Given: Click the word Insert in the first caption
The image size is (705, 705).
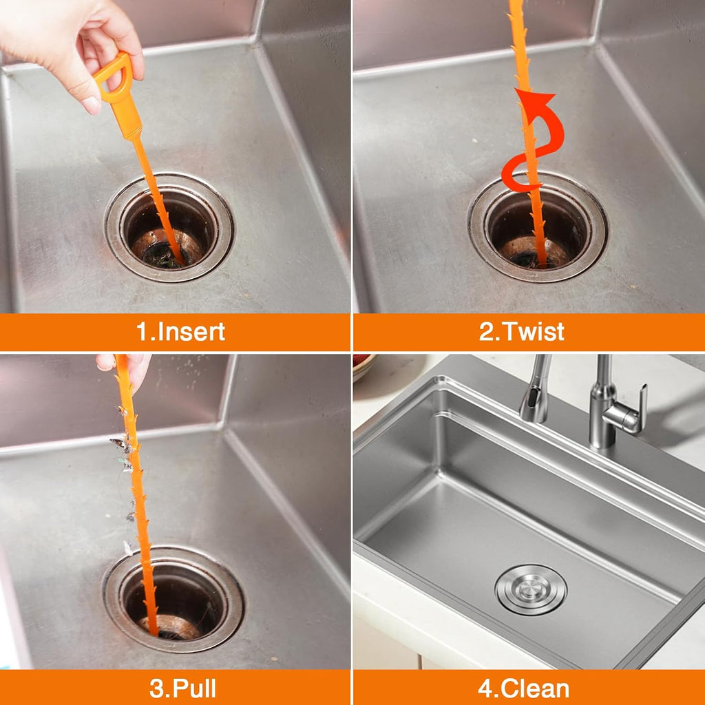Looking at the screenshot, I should [x=191, y=332].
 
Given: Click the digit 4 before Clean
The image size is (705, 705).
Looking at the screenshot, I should [x=488, y=688].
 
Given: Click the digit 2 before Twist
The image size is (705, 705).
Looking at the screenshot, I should [x=486, y=332].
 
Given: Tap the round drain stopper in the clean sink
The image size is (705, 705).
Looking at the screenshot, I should [x=531, y=589].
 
